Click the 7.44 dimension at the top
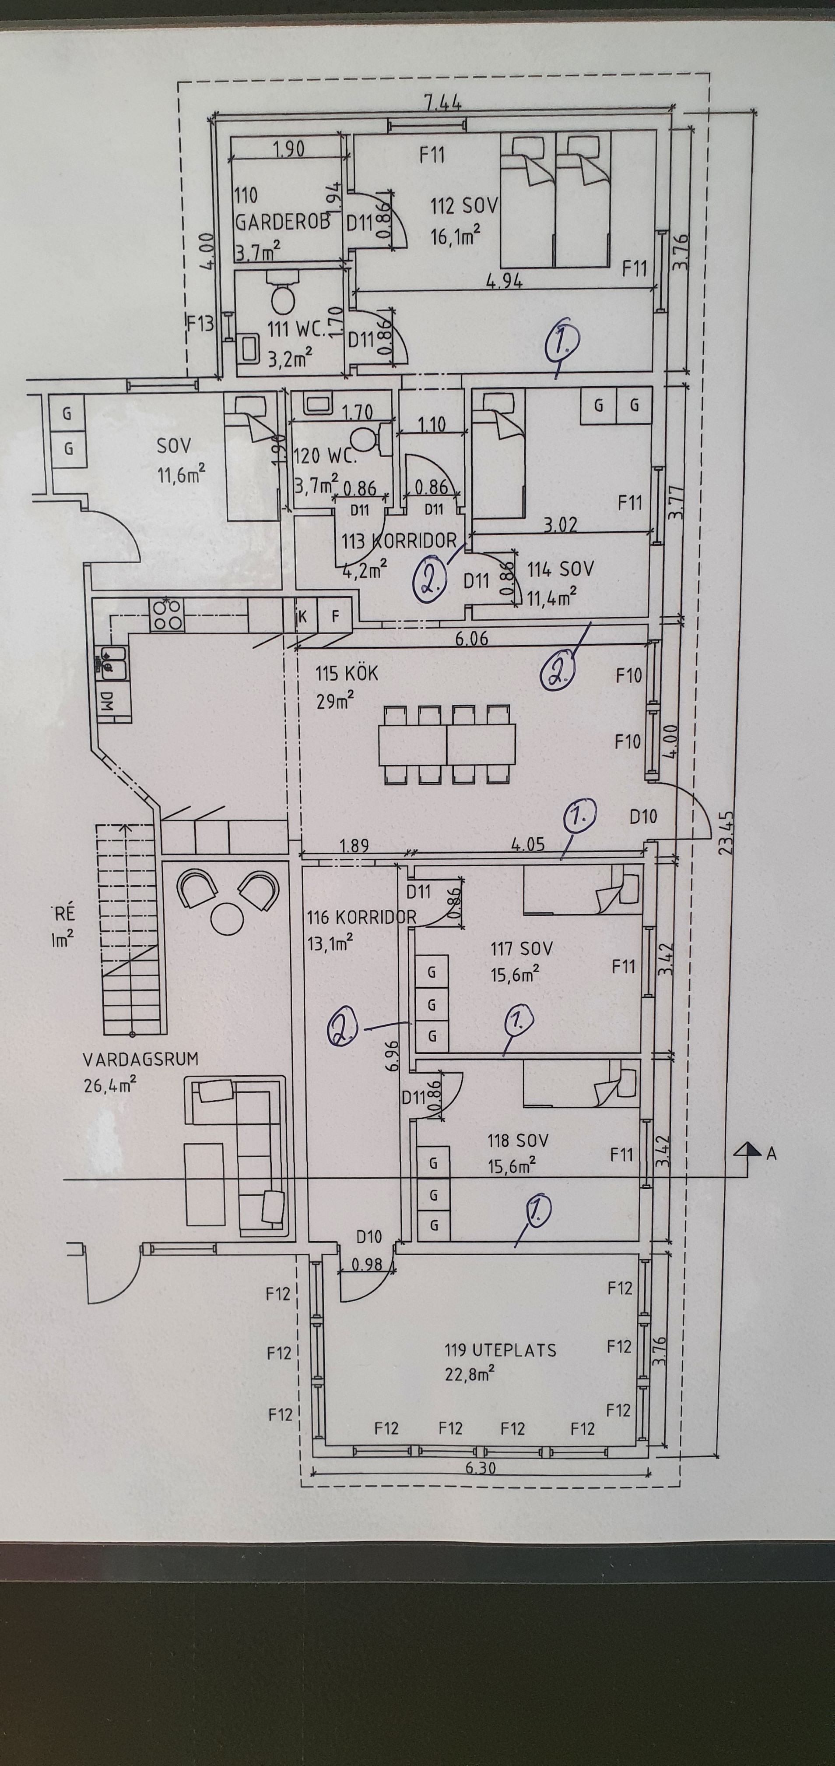pyautogui.click(x=443, y=103)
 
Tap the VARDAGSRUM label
pyautogui.click(x=140, y=1059)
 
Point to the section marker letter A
pyautogui.click(x=771, y=1154)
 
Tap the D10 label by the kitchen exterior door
pyautogui.click(x=643, y=816)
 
